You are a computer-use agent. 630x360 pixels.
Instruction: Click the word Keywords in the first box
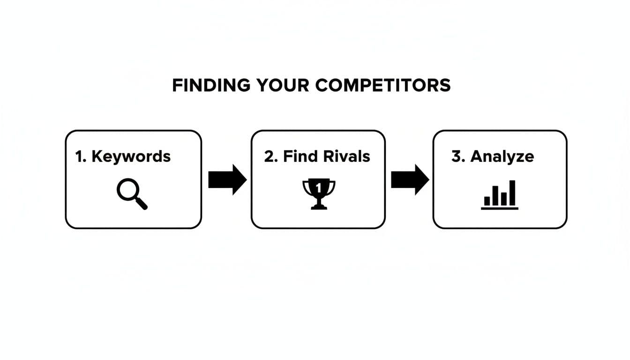[x=131, y=156]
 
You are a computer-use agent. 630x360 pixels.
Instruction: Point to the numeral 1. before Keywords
[x=81, y=156]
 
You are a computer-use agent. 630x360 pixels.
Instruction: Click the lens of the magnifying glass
[x=127, y=191]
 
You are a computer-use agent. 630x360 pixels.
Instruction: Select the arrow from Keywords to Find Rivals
[x=227, y=180]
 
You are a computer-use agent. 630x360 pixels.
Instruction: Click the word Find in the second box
[x=299, y=156]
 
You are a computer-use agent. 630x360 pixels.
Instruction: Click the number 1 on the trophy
[x=319, y=188]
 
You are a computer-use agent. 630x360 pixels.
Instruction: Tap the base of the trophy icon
[x=319, y=207]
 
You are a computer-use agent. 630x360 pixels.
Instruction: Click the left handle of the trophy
[x=306, y=187]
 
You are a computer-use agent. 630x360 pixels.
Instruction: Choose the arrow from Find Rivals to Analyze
[x=410, y=180]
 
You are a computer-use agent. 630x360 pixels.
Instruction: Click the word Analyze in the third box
[x=502, y=156]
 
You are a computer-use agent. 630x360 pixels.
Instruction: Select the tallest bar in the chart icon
[x=512, y=193]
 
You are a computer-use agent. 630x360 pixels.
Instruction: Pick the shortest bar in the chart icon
[x=487, y=201]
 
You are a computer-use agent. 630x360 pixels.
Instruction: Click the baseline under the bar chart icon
[x=500, y=208]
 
